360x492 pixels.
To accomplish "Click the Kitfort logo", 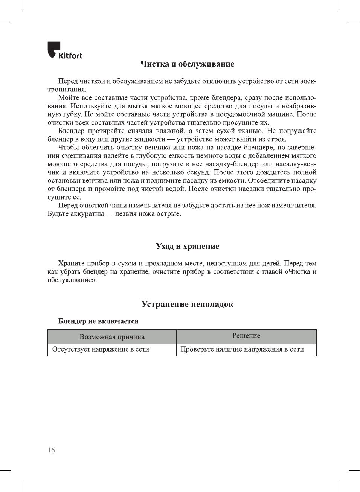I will coord(64,51).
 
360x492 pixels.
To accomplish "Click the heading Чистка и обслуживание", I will coord(187,64).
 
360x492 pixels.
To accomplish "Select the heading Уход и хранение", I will coord(187,246).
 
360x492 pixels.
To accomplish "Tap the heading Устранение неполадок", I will coord(187,304).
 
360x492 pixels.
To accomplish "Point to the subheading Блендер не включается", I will coord(98,321).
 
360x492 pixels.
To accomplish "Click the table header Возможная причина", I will coord(112,337).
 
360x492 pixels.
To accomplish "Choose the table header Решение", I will coord(246,336).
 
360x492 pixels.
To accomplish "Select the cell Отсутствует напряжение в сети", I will coord(101,349).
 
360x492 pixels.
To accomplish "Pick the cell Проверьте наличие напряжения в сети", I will coord(242,349).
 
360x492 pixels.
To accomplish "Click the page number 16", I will coord(51,450).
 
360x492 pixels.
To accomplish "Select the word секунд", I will coord(198,172).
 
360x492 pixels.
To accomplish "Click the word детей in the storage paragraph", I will coord(270,264).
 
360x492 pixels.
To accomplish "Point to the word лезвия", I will coord(128,214).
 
